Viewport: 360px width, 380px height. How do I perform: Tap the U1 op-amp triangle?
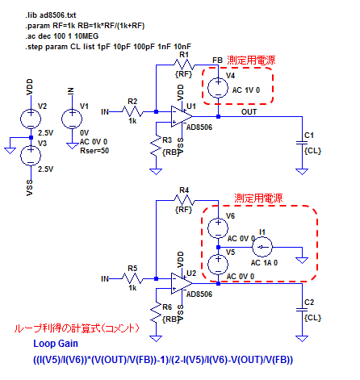tap(182, 117)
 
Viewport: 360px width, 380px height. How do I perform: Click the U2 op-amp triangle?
tap(182, 283)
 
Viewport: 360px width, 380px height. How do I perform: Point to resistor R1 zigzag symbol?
tap(184, 65)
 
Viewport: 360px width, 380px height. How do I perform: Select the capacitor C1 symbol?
tap(302, 143)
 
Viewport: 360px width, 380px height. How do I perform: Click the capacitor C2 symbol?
tap(302, 310)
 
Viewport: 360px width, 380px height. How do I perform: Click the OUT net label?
tap(249, 111)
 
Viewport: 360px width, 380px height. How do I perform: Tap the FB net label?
tap(217, 61)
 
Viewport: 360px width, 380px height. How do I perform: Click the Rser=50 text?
tap(94, 151)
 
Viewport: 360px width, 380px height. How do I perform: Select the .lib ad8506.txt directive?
tap(51, 15)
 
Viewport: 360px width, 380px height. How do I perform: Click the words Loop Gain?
tap(56, 344)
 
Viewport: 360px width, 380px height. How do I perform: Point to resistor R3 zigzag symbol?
tap(156, 148)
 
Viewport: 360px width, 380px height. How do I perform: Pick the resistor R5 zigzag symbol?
tap(132, 278)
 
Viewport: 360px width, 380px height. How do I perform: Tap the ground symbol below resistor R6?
tap(156, 338)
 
